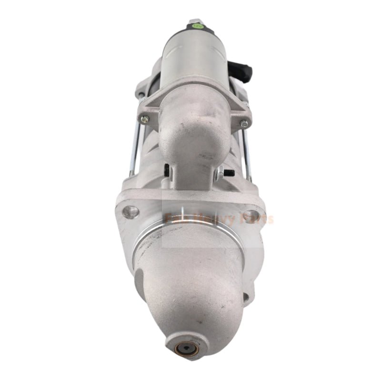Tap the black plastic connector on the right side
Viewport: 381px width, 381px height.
246,70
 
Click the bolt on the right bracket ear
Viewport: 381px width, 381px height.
244,123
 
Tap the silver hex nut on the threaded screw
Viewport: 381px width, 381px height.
220,173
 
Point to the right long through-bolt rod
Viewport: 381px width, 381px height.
248,152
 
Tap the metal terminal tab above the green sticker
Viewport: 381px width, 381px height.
195,22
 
